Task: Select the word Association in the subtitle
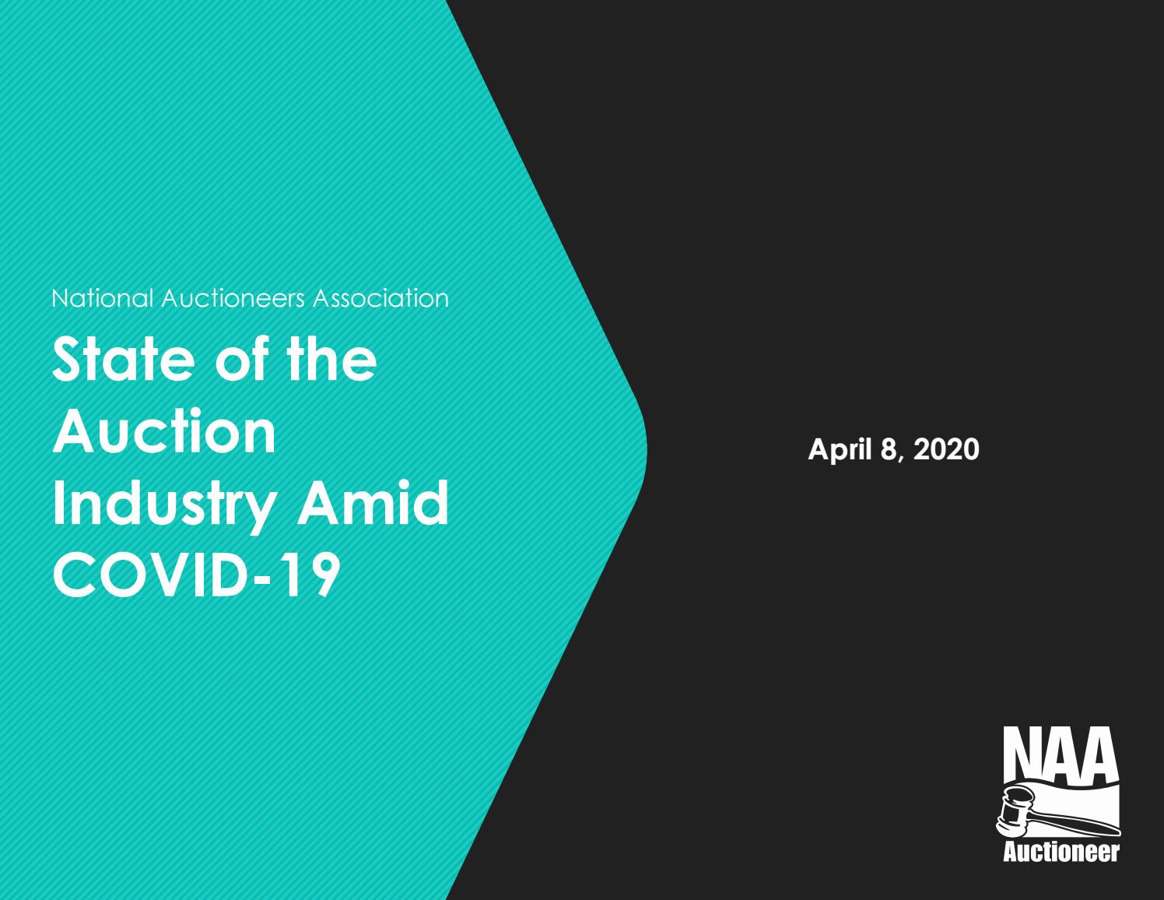[380, 298]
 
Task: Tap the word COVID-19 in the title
[196, 574]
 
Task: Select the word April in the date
[839, 450]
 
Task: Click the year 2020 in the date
[945, 449]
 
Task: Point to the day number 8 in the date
[889, 449]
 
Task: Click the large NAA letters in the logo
[1061, 752]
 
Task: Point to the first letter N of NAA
[1021, 752]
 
